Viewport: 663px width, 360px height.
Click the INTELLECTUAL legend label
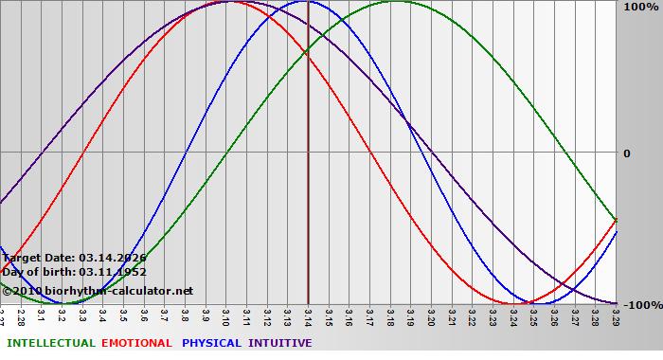(50, 343)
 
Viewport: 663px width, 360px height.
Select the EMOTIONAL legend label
(136, 343)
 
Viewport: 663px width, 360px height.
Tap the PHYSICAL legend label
(211, 343)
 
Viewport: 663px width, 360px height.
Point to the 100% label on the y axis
(639, 7)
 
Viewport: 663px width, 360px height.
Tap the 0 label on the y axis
(625, 153)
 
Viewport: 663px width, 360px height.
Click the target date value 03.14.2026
(113, 257)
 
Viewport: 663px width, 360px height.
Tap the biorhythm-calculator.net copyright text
(99, 290)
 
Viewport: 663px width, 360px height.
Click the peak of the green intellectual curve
(396, 1)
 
